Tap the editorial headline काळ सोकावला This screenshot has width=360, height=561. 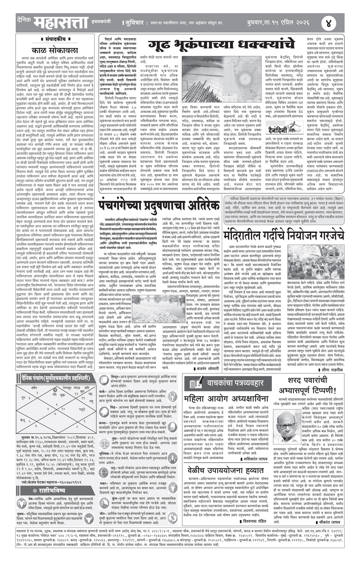(55, 50)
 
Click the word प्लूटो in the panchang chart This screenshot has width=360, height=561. (82, 409)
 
